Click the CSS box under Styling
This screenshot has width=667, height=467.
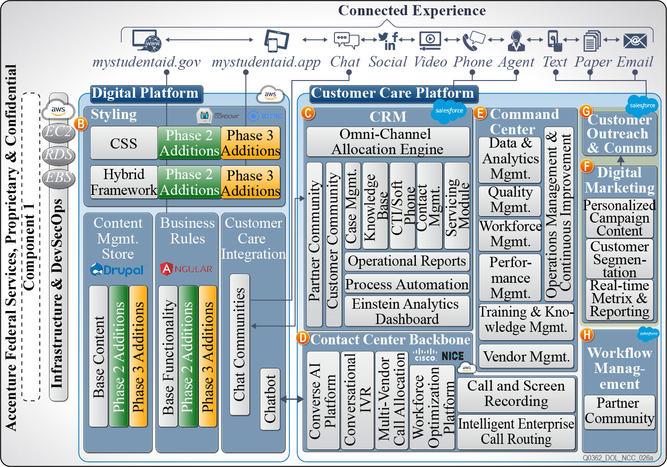(124, 143)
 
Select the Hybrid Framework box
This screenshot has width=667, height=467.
(124, 182)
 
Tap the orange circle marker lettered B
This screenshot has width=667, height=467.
(81, 124)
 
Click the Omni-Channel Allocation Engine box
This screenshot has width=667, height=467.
(388, 142)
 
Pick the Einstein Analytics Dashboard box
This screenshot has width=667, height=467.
(407, 311)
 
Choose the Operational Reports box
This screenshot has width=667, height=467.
(407, 261)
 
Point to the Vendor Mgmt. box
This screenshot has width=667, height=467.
(526, 356)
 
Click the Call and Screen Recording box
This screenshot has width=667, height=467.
(516, 393)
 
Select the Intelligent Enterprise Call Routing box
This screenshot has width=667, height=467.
(516, 431)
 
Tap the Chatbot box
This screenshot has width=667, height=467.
(270, 399)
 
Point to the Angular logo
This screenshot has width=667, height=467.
(186, 269)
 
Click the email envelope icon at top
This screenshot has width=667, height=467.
(635, 41)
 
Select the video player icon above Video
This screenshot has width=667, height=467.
(430, 40)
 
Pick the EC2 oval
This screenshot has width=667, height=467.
(58, 132)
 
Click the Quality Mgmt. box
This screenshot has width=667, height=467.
(510, 200)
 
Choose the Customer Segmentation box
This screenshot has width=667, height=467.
(619, 258)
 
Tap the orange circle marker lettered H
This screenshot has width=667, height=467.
(587, 335)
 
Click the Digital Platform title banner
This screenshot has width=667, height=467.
(145, 93)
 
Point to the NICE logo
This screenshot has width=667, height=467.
(452, 356)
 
